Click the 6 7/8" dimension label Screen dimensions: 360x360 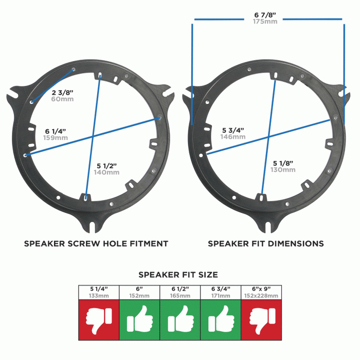[265, 14]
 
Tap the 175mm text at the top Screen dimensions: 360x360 [265, 22]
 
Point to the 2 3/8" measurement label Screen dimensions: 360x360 [63, 92]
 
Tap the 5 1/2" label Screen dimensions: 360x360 [107, 165]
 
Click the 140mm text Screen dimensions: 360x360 [107, 172]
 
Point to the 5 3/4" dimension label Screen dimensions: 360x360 [233, 130]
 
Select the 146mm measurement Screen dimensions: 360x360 [233, 137]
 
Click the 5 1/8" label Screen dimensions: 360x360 [283, 163]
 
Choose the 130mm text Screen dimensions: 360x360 [283, 170]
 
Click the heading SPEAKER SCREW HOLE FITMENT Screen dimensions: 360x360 [96, 243]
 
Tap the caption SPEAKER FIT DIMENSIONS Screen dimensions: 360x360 [265, 243]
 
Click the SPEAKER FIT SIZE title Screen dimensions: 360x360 [178, 275]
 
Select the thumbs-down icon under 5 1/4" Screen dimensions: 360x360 [99, 319]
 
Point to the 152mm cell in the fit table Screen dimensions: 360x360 [139, 296]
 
